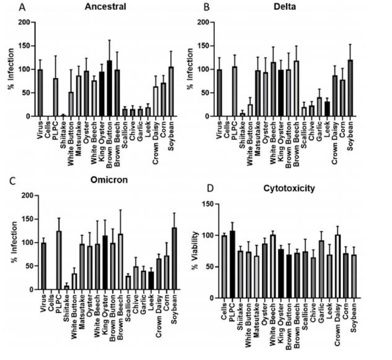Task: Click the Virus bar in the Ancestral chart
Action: tap(41, 93)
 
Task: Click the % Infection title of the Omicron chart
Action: tap(11, 242)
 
